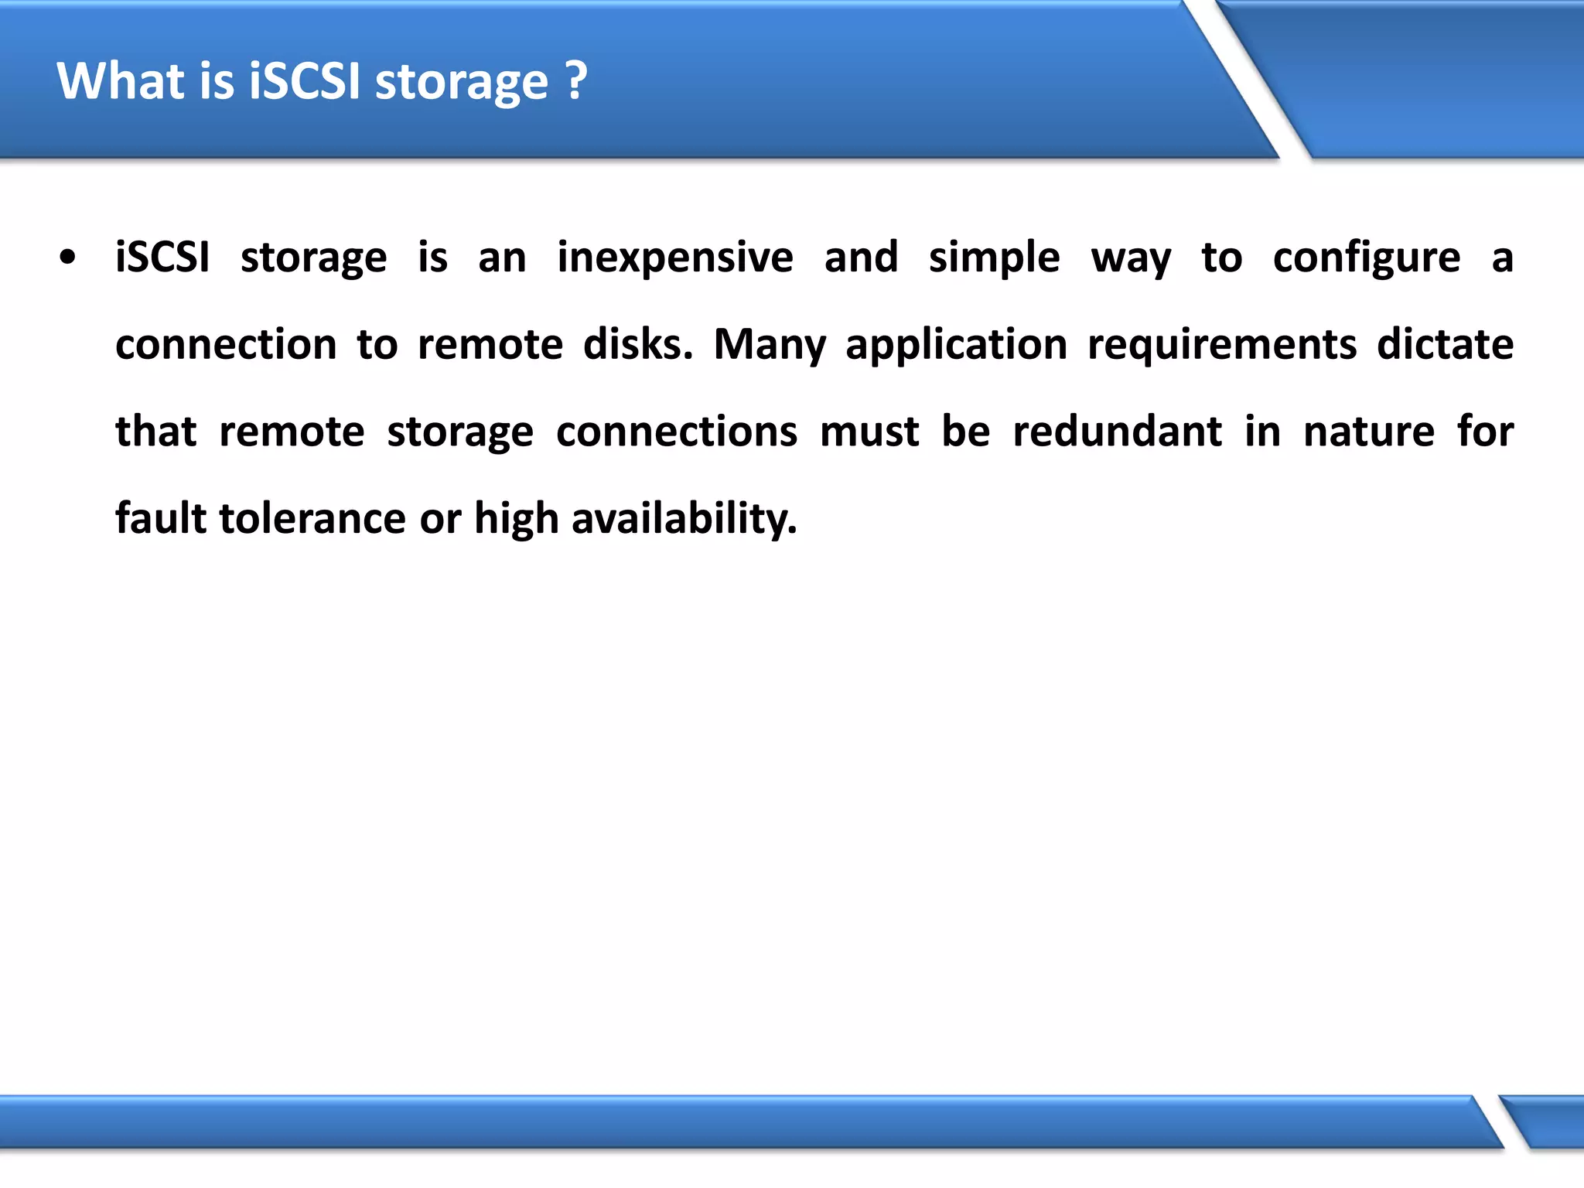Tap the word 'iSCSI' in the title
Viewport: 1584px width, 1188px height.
pos(305,80)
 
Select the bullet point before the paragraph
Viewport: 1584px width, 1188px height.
pos(68,258)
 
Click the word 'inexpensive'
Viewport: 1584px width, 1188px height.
pos(674,258)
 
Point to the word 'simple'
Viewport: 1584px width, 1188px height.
pos(994,258)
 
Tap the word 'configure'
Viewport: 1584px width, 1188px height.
pos(1367,258)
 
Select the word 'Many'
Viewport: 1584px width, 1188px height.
pos(770,344)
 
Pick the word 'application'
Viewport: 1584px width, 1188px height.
pos(957,344)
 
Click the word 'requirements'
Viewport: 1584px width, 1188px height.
pos(1222,344)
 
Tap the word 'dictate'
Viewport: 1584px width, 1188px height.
pos(1445,344)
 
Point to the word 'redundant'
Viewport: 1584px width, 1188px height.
pos(1118,432)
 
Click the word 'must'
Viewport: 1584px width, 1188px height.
pos(869,432)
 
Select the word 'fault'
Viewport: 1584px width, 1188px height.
pos(160,518)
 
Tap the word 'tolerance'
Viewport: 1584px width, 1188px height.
pos(312,518)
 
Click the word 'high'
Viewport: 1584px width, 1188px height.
pos(516,518)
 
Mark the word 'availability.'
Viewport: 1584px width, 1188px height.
pos(684,518)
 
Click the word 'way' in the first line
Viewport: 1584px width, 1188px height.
pos(1131,258)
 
